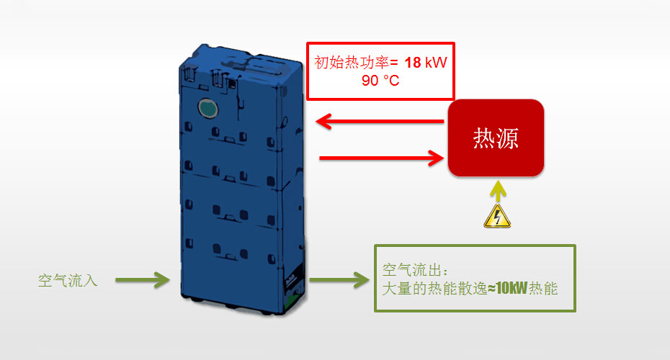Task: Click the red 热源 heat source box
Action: click(496, 138)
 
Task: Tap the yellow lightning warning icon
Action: click(496, 216)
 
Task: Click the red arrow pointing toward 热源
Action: click(379, 156)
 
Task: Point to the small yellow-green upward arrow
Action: click(496, 192)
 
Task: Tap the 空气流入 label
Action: click(68, 281)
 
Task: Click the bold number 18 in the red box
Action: click(413, 63)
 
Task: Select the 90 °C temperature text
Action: click(380, 81)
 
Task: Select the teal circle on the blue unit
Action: click(207, 108)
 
